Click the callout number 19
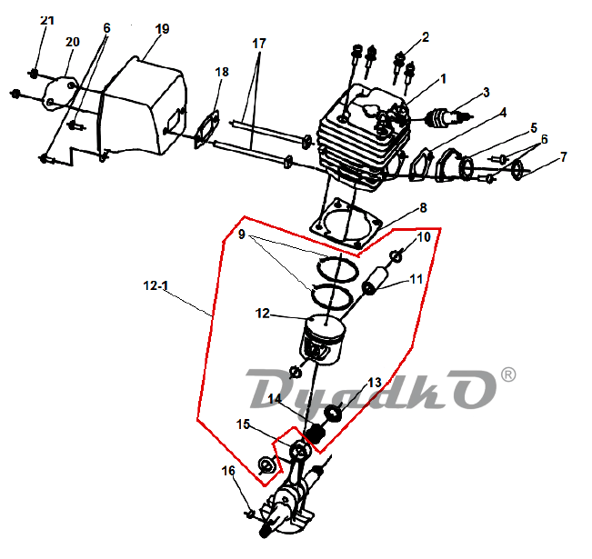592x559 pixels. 163,29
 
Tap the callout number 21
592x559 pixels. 47,20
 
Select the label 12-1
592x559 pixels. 156,285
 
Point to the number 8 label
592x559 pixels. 423,207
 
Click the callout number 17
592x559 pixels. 259,44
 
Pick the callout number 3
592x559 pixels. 487,93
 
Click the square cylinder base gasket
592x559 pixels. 345,225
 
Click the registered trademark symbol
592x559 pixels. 507,374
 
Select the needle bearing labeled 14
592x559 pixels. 315,434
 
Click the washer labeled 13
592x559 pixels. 334,412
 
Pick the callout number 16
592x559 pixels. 228,471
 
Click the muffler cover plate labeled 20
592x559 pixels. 61,94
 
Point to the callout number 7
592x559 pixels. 563,157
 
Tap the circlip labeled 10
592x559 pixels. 396,256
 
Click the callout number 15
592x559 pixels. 243,424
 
